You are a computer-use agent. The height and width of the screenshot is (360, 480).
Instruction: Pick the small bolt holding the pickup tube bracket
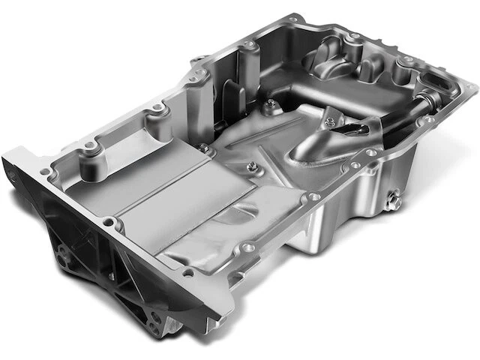pos(328,115)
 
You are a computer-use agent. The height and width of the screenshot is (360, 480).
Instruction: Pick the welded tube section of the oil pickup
pos(315,150)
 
